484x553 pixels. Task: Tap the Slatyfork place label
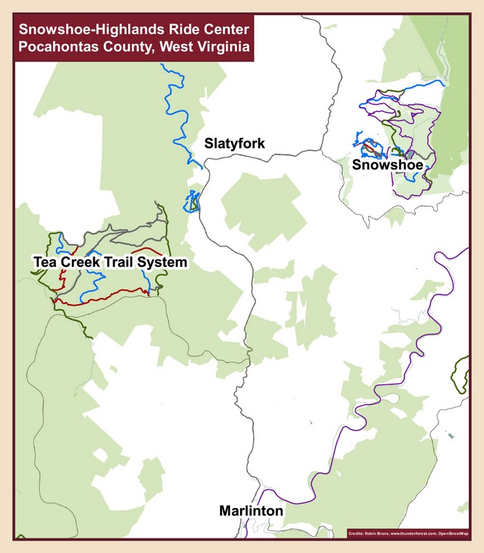click(x=234, y=144)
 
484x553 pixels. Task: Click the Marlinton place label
click(x=251, y=512)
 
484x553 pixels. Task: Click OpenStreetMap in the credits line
click(x=452, y=533)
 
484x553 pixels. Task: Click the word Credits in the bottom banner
click(x=359, y=533)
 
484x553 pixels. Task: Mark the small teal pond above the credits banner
click(x=451, y=435)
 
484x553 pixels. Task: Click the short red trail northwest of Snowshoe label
click(x=371, y=147)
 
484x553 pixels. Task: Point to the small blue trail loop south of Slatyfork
click(x=192, y=203)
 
